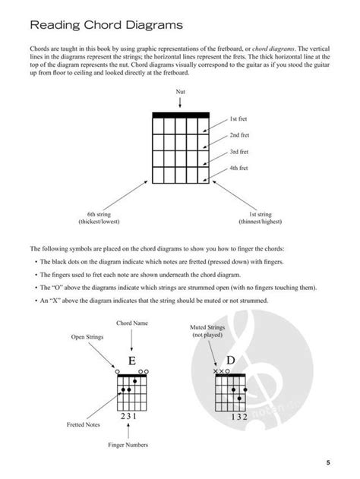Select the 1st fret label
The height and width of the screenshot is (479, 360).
239,120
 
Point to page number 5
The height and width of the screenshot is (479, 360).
329,462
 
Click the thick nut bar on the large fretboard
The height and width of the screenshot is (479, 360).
180,115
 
